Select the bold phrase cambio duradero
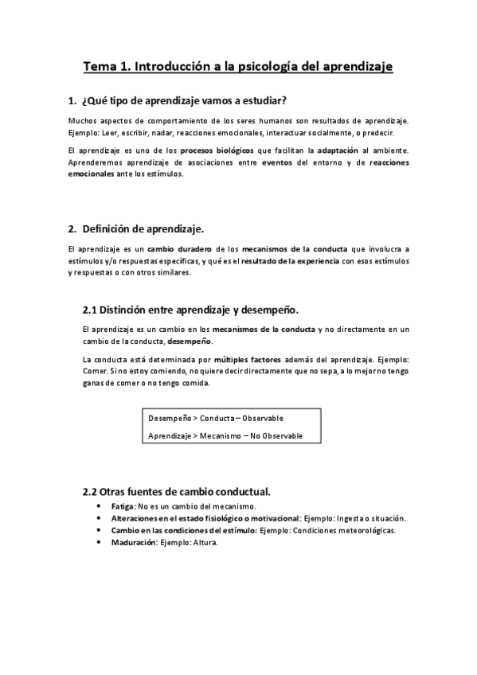click(178, 249)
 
